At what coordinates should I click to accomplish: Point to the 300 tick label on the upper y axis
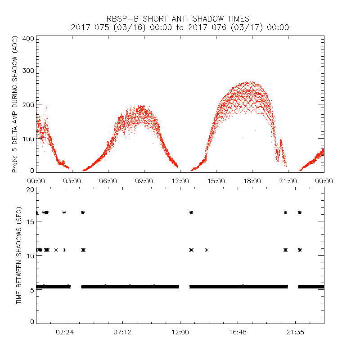click(28, 71)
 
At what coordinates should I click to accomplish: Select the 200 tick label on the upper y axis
click(28, 104)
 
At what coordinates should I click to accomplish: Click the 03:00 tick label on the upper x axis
click(72, 180)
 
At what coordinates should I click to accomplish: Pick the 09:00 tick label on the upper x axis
click(144, 180)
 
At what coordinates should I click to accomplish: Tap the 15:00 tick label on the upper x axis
click(216, 180)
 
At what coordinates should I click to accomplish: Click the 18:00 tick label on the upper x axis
click(252, 180)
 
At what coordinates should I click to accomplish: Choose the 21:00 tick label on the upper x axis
click(288, 180)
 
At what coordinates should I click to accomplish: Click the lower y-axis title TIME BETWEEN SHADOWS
click(18, 256)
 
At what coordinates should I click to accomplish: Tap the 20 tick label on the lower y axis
click(30, 189)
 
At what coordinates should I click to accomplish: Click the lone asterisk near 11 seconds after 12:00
click(207, 250)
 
